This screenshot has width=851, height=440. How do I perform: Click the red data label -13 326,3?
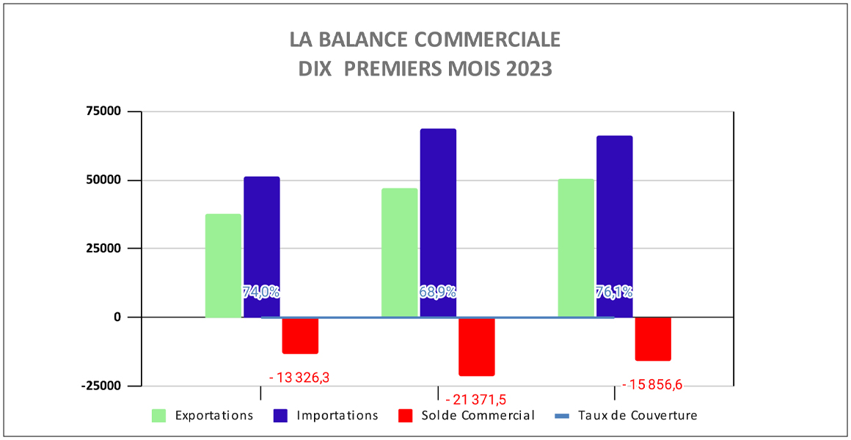pyautogui.click(x=299, y=378)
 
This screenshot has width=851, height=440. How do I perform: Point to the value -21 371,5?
pyautogui.click(x=475, y=400)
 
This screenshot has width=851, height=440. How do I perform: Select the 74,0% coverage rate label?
pyautogui.click(x=260, y=292)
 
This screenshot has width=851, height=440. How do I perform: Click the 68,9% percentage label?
pyautogui.click(x=437, y=292)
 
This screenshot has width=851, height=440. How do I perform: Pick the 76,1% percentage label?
pyautogui.click(x=614, y=292)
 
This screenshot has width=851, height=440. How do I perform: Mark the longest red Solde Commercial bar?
pyautogui.click(x=476, y=346)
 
